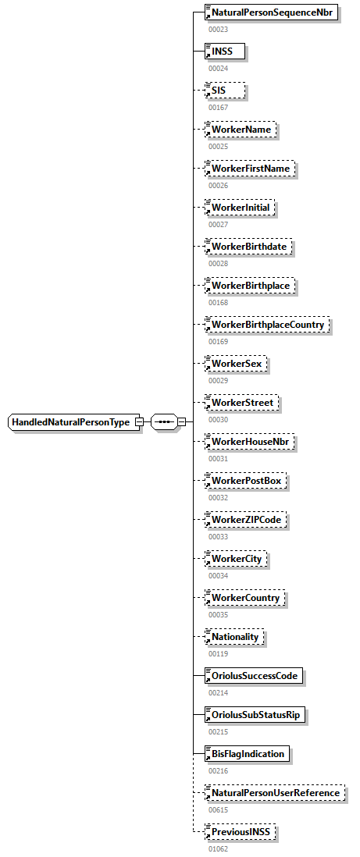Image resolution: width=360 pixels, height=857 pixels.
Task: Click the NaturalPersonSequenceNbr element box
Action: point(271,12)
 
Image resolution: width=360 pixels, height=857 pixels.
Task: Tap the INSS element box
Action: point(224,52)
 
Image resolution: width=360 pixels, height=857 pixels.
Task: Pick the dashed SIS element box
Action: point(224,91)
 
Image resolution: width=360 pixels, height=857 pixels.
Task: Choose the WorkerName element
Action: point(240,130)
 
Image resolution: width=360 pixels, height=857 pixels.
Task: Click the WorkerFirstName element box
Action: point(249,169)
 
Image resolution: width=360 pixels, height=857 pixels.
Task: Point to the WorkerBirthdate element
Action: point(248,247)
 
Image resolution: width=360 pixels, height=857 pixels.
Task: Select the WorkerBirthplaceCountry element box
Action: point(268,325)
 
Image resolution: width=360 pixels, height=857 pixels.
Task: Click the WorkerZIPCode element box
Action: point(245,520)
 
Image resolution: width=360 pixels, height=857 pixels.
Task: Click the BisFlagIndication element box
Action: point(247,754)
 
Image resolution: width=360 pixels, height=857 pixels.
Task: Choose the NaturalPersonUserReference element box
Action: point(275,793)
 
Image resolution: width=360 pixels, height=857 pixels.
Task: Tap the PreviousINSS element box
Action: point(241,832)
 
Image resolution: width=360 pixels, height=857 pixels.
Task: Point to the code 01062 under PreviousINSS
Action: point(218,848)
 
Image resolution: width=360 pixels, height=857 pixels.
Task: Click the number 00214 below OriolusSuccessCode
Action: point(218,692)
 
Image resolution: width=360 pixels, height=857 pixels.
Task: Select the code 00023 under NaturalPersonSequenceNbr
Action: point(218,29)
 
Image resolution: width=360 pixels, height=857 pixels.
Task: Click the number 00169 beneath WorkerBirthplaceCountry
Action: point(218,341)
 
